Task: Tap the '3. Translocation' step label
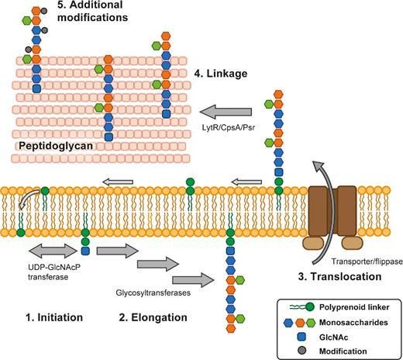[x=339, y=275]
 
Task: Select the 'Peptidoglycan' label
[x=56, y=145]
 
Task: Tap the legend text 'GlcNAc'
[x=336, y=334]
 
